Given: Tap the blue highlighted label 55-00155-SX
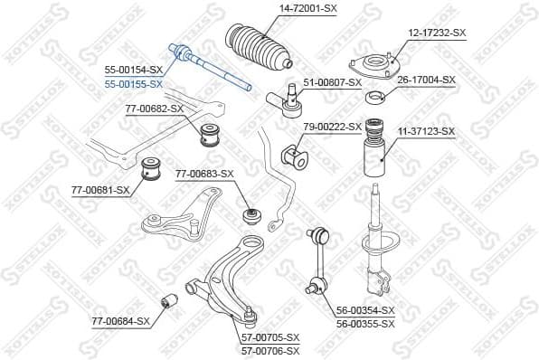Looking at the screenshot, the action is [x=133, y=83].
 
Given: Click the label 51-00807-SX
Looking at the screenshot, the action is [x=332, y=82].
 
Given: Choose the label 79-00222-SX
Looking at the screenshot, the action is [x=332, y=126].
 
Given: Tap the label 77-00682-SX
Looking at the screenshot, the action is [x=155, y=109].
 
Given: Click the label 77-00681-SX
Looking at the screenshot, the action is [x=100, y=190].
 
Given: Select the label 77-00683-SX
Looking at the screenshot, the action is [x=204, y=174].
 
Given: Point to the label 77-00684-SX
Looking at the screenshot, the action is [x=120, y=320].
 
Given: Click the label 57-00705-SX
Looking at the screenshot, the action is [x=269, y=337].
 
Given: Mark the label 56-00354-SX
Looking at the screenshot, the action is [x=365, y=310].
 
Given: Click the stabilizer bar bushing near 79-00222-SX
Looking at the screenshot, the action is [x=296, y=156].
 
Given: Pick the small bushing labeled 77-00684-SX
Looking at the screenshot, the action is [x=166, y=301].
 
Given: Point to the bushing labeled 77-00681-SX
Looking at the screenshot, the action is [x=152, y=168].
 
